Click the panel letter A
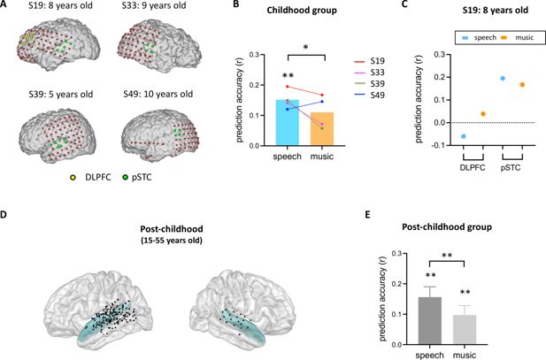point(6,6)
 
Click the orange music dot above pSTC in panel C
point(522,85)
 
